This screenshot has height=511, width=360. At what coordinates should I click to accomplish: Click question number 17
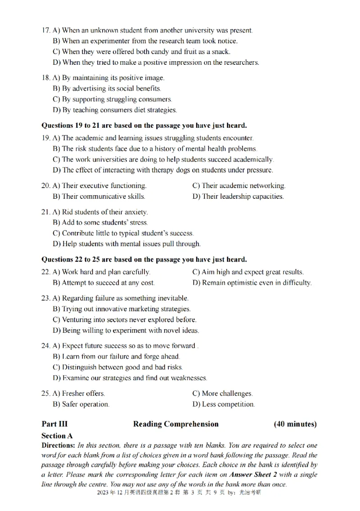(x=45, y=31)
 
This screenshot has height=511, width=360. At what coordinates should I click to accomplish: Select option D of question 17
(x=156, y=63)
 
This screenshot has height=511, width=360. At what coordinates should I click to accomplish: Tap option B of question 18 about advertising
(x=107, y=89)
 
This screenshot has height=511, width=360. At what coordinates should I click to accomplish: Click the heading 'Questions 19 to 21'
(x=144, y=126)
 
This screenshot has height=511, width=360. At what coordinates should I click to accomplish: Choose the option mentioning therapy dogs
(x=162, y=170)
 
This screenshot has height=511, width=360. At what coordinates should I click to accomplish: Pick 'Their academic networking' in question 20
(x=238, y=186)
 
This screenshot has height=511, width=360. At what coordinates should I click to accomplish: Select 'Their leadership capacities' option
(x=238, y=197)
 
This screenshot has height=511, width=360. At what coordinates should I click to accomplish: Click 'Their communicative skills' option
(x=99, y=197)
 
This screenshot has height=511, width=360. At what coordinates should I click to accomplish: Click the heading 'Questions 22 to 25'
(x=144, y=260)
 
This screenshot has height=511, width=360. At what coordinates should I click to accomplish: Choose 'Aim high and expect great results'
(x=248, y=272)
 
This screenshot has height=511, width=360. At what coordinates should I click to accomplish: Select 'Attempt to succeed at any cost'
(x=103, y=283)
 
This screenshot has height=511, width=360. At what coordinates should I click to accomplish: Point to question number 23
(x=45, y=298)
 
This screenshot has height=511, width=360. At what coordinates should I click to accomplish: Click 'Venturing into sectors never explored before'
(x=125, y=320)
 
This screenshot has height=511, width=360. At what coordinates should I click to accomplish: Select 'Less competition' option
(x=224, y=404)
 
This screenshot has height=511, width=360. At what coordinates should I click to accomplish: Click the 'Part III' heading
(x=54, y=424)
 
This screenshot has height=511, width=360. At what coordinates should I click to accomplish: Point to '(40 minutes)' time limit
(x=295, y=424)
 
